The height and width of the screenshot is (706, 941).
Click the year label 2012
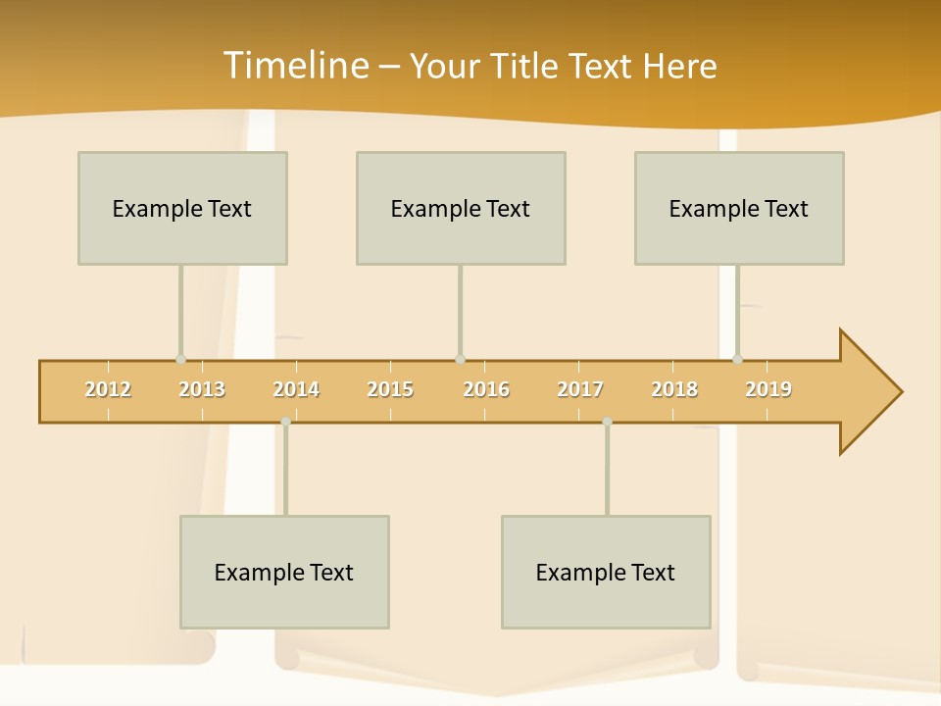point(108,389)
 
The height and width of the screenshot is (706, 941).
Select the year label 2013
point(202,389)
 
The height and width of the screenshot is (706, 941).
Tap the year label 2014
point(296,389)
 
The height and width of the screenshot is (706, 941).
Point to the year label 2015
point(390,389)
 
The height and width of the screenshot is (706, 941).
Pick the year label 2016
point(486,389)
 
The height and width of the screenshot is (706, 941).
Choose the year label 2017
point(580,389)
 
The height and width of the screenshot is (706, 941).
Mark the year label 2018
point(674,389)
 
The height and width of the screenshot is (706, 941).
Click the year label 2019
point(768,389)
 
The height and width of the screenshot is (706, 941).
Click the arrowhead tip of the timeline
point(899,392)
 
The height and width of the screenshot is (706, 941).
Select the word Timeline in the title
point(294,66)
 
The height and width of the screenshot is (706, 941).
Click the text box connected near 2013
point(182,208)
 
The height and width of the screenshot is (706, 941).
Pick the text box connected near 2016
point(461,208)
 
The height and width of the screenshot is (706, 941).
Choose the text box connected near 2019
point(739,208)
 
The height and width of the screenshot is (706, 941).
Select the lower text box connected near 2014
point(284,572)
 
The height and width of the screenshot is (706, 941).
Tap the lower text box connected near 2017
point(606,572)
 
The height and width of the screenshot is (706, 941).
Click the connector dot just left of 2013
point(180,359)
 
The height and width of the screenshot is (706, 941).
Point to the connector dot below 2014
point(285,422)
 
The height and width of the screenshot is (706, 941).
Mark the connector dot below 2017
point(607,422)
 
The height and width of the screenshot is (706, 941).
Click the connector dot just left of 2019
point(737,359)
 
